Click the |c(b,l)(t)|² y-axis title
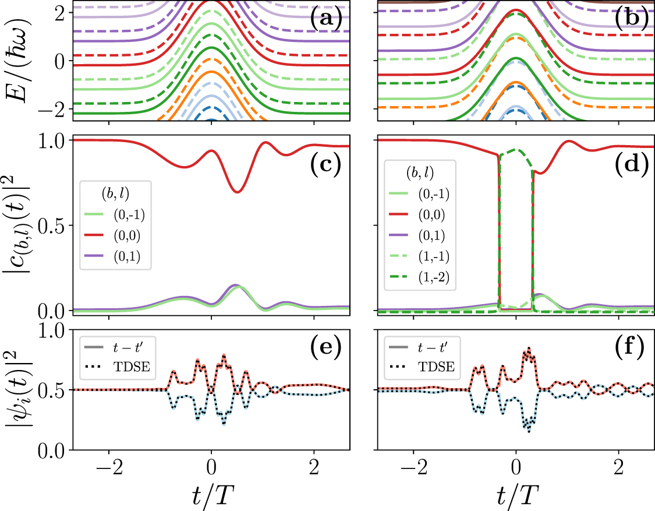point(17,225)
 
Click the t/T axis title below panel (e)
point(211,495)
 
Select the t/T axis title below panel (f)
point(516,495)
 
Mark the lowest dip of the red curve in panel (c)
point(236,192)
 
